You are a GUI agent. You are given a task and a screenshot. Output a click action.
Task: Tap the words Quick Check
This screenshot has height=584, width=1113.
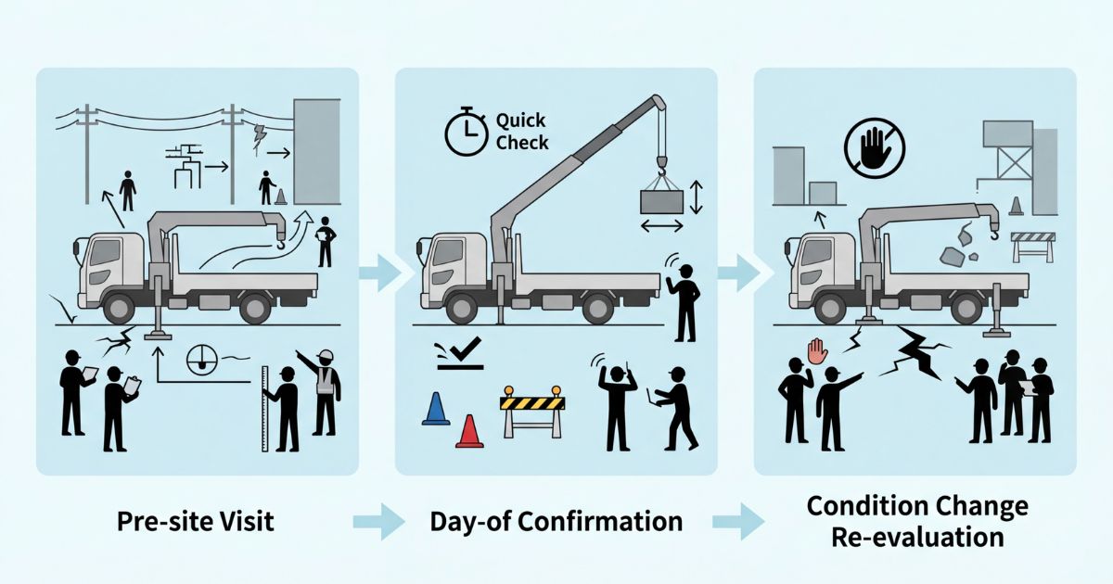[x=522, y=132]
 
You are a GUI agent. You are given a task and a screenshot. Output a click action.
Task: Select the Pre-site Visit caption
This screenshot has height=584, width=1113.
[x=196, y=521]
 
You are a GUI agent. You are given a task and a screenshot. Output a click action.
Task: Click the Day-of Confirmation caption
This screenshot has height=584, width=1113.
[x=556, y=521]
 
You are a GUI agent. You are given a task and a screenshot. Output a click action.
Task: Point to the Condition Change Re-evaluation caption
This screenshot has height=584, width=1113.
[x=917, y=521]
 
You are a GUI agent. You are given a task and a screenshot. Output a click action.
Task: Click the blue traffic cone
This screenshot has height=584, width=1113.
[x=435, y=409]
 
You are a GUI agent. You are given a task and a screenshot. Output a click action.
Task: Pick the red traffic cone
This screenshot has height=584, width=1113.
[x=470, y=431]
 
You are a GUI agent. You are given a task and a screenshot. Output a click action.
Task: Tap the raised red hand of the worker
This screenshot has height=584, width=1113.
[x=816, y=350]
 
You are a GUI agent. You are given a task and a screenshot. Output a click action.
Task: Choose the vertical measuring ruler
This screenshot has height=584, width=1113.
[x=265, y=408]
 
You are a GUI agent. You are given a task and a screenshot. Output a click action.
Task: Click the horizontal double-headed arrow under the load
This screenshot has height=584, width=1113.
[x=662, y=227]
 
